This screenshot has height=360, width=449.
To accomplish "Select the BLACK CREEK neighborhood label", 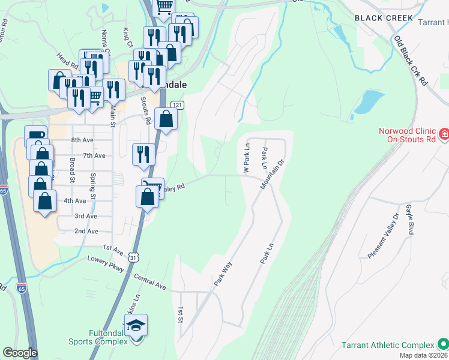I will coord(384,18).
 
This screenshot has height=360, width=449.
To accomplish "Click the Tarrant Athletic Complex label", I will coord(388,345).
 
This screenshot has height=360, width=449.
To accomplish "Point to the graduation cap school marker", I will coord(136,326).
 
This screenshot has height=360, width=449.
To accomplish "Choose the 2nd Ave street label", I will coord(86,231).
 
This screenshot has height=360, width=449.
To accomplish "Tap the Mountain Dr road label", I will coord(271,174).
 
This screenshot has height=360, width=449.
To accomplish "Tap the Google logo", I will coord(20,353).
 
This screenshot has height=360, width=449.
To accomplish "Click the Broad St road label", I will coord(72,170).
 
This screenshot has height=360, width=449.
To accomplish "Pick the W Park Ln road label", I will coord(246,159).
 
